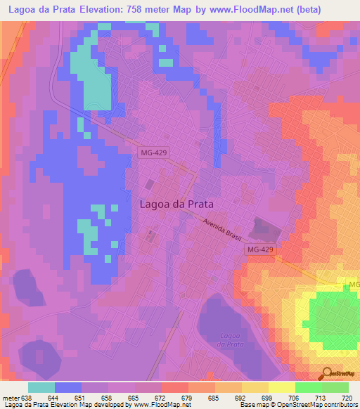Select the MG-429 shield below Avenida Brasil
click(x=261, y=249)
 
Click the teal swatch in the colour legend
click(x=41, y=387)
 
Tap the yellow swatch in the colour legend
click(x=281, y=387)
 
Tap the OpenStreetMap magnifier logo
click(x=326, y=373)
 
